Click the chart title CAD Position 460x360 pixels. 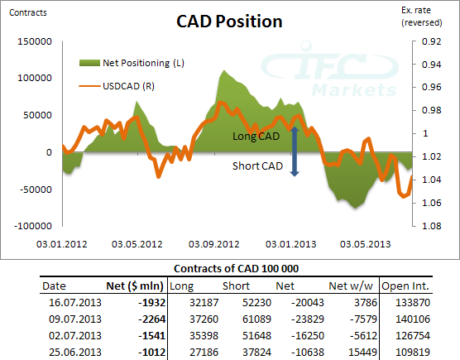(x=229, y=21)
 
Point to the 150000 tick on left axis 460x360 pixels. (x=34, y=41)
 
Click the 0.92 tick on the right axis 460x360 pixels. (x=431, y=41)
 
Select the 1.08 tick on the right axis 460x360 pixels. (x=431, y=226)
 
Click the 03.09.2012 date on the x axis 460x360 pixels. (x=214, y=244)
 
